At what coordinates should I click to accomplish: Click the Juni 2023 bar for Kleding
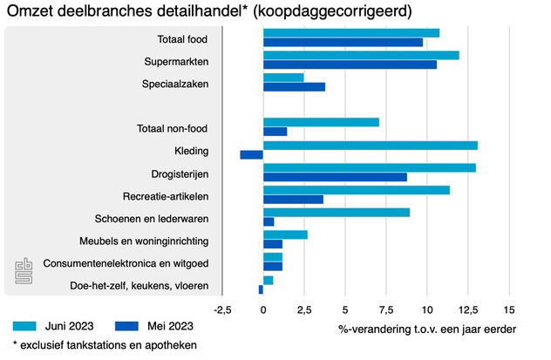[370, 146]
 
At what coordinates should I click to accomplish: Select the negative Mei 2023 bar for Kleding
[251, 155]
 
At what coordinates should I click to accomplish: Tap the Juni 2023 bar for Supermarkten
[361, 56]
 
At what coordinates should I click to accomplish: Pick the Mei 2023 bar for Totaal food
[343, 43]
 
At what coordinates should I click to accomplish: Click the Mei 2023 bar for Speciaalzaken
[294, 87]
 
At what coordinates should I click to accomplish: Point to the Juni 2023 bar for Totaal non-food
[321, 122]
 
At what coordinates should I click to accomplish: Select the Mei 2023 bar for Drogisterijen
[335, 177]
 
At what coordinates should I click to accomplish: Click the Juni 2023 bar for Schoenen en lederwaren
[336, 212]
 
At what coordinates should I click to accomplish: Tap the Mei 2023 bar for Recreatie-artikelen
[293, 200]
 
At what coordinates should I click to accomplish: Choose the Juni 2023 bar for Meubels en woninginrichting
[285, 234]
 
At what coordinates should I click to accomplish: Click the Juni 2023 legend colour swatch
[26, 326]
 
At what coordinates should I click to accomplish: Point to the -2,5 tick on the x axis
[222, 309]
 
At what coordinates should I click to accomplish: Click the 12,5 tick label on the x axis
[468, 309]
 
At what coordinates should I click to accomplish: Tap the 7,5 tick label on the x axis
[386, 309]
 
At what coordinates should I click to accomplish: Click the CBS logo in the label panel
[24, 271]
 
